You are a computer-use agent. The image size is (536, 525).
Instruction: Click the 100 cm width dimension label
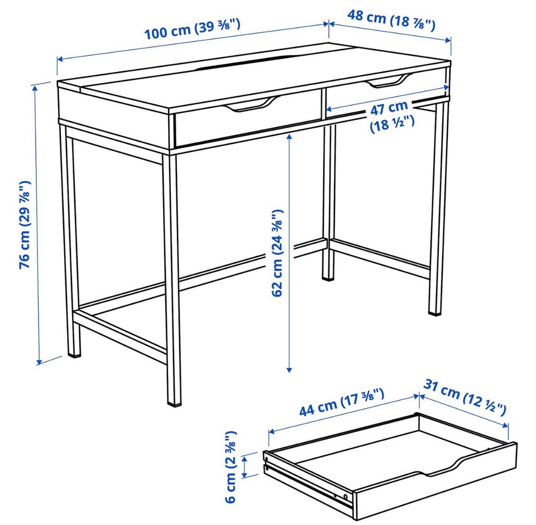193,30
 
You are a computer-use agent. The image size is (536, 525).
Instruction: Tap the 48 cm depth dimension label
391,20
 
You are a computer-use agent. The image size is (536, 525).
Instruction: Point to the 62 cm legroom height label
277,253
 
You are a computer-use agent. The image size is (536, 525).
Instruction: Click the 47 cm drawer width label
391,117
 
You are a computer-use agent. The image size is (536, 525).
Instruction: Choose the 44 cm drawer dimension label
342,402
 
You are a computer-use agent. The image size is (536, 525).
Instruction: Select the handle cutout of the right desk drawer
390,81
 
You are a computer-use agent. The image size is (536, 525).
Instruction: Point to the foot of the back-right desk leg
435,311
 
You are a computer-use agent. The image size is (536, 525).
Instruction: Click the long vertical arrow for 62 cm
289,253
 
